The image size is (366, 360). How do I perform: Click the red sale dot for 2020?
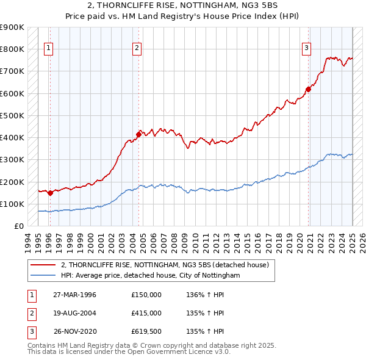pos(308,90)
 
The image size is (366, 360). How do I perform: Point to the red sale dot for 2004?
pos(138,135)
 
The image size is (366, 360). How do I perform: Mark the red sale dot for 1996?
pos(49,193)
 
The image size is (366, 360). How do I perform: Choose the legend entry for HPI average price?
pos(150,276)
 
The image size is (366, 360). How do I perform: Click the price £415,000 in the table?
pos(146,313)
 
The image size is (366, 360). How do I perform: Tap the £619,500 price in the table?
pos(146,332)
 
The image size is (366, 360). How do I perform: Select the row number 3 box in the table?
pos(30,332)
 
